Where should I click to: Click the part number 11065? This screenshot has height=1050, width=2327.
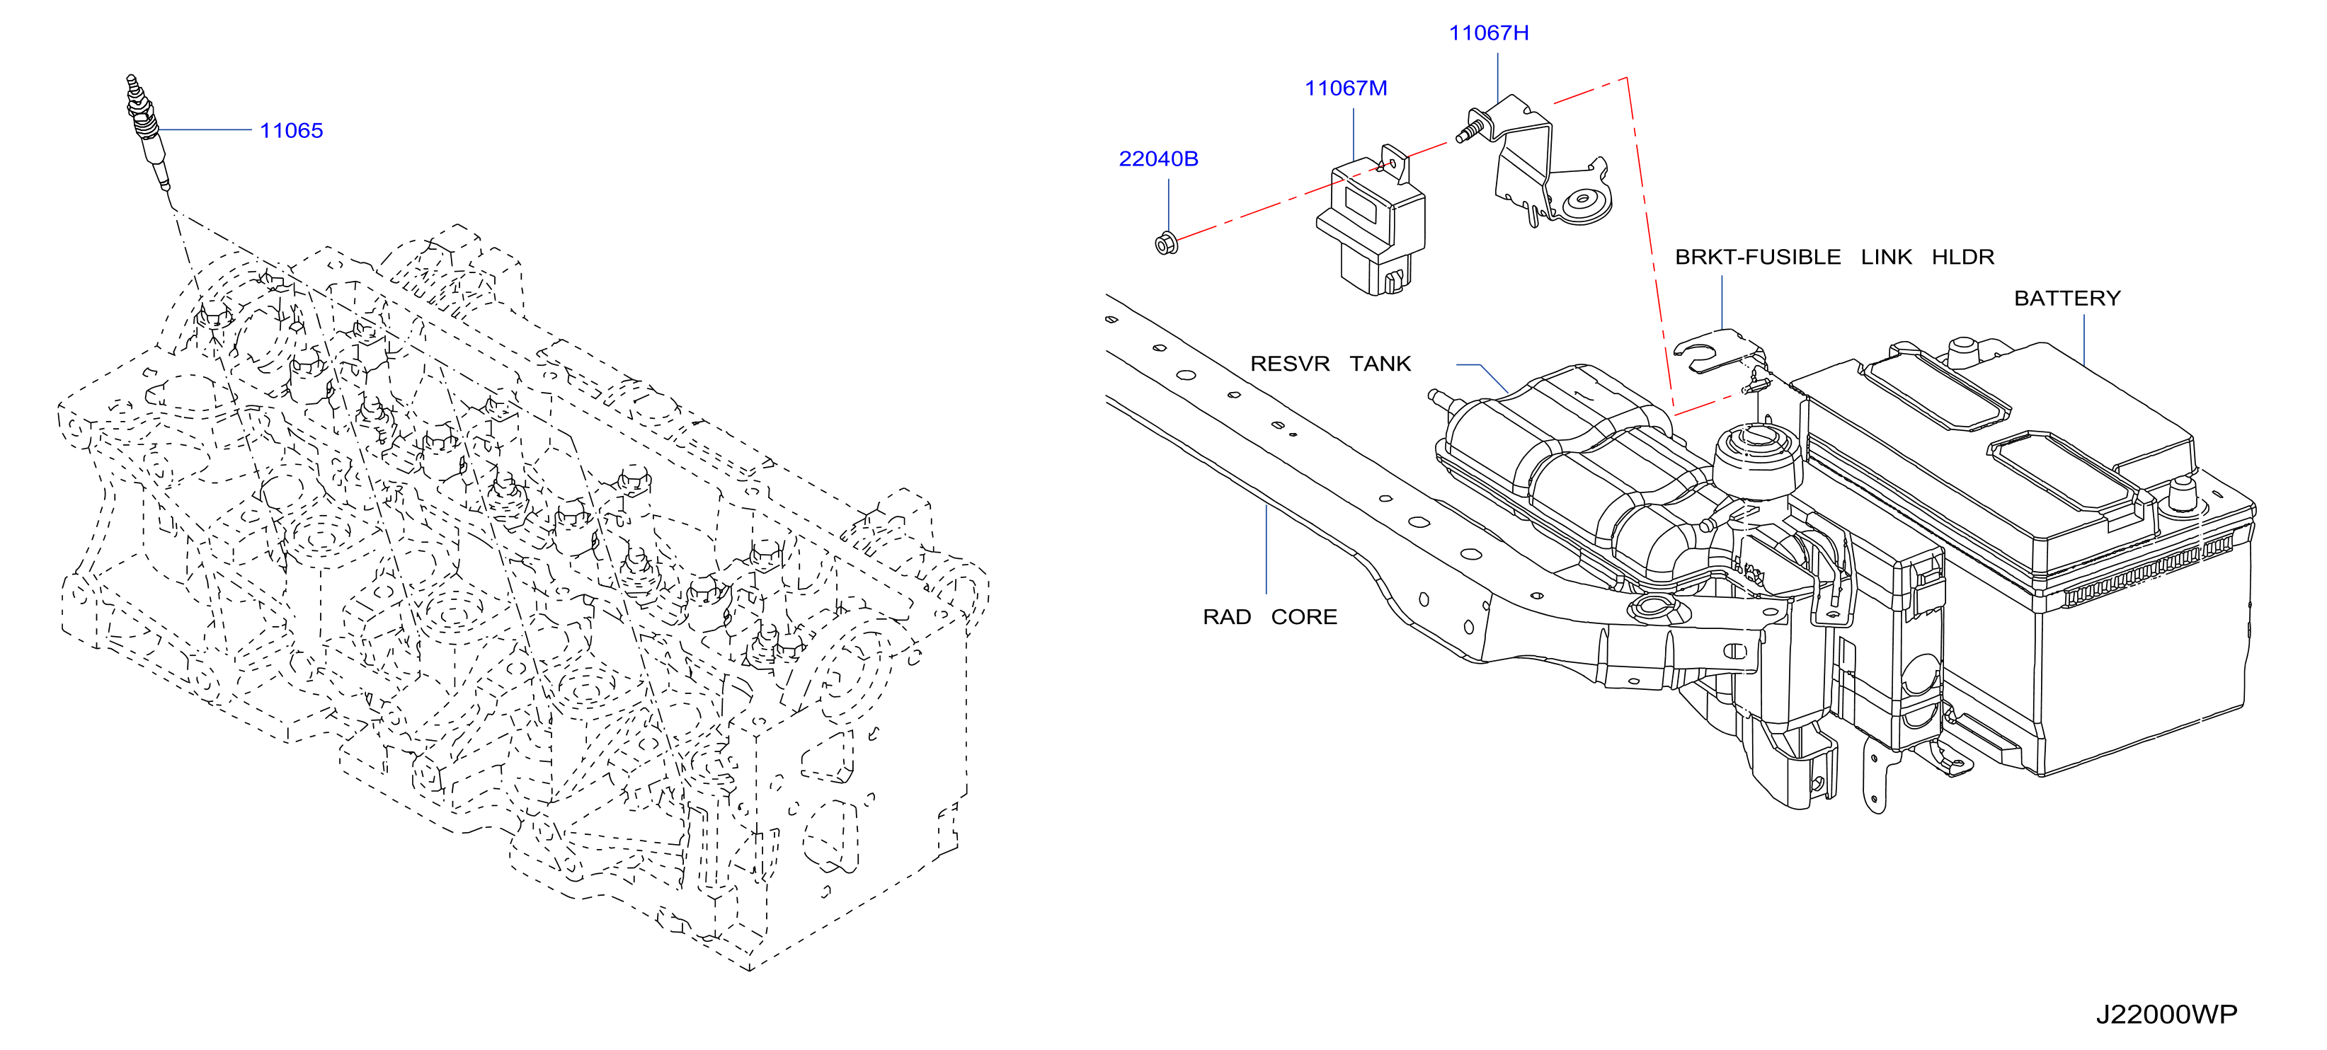(x=291, y=131)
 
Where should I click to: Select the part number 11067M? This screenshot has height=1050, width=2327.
(x=1345, y=88)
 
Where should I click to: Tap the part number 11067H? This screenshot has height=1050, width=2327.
(x=1489, y=33)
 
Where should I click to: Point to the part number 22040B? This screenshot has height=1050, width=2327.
(x=1158, y=159)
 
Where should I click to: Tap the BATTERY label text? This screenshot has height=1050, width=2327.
(x=2067, y=299)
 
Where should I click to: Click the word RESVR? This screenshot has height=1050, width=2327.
(x=1289, y=364)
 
